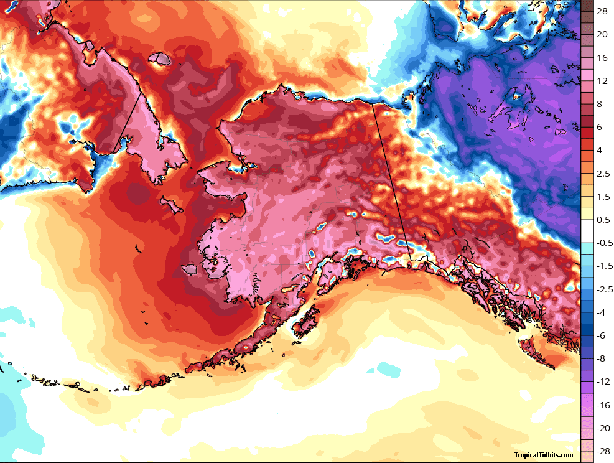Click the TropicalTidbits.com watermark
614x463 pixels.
pos(543,455)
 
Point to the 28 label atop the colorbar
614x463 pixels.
pos(602,12)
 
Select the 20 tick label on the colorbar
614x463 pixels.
pos(602,35)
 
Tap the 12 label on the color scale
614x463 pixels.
pos(602,81)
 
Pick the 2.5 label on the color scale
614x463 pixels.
pos(602,174)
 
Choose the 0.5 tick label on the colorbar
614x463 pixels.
pos(602,220)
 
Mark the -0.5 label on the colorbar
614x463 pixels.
pos(602,243)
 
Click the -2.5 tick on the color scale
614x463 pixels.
pos(602,289)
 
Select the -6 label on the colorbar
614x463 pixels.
pos(601,335)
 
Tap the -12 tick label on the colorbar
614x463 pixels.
pos(602,381)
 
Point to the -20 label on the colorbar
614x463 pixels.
pos(602,428)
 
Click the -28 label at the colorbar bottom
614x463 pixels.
pos(602,451)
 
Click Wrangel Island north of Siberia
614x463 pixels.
pos(164,59)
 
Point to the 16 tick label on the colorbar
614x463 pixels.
pos(602,58)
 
